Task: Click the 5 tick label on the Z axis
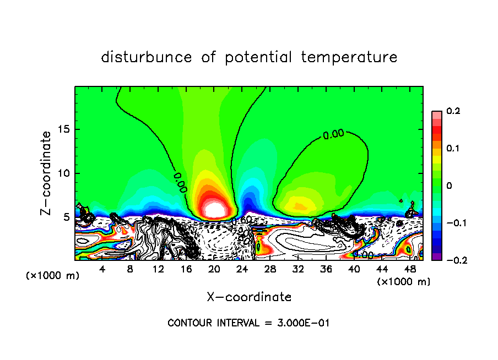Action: click(x=67, y=217)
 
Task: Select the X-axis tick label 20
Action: click(x=214, y=269)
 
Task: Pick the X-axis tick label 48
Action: click(x=409, y=269)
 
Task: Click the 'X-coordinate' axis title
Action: click(x=249, y=297)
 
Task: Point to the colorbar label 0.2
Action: click(x=453, y=111)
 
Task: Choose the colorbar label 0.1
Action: click(x=453, y=149)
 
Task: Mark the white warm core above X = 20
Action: click(x=214, y=209)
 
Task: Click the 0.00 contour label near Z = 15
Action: click(x=333, y=134)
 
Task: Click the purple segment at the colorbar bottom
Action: click(x=436, y=257)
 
